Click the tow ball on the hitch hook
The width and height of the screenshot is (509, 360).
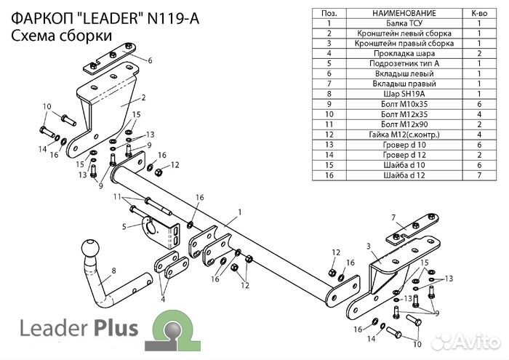94,249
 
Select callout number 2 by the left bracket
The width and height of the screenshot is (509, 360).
143,97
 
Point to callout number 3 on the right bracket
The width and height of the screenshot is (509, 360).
369,247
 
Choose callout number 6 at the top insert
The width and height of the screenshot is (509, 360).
150,60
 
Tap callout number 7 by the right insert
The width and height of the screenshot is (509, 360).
393,217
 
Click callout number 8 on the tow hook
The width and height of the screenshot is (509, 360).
113,273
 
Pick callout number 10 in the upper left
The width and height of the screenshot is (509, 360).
47,108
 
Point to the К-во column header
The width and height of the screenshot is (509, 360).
479,13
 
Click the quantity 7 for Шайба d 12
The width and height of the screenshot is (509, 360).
479,175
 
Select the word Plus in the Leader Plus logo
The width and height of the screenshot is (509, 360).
113,329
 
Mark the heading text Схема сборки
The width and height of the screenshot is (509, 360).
62,36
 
